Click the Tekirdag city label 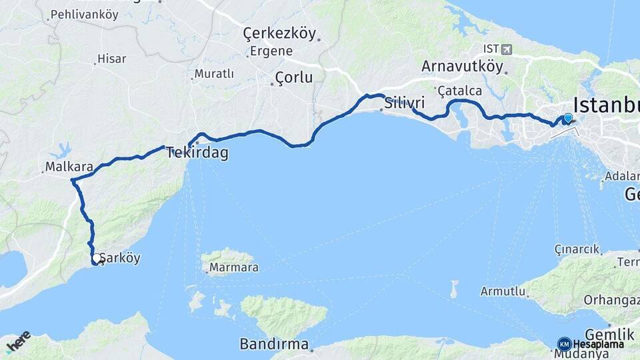point(197,153)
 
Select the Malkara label point(64,166)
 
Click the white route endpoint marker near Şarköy point(97,258)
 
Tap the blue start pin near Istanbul point(568,118)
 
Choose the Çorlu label point(294,77)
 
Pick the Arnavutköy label point(461,66)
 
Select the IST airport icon point(507,49)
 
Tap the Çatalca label point(459,91)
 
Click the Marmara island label point(233,269)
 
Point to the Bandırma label point(276,345)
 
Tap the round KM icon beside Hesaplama point(564,344)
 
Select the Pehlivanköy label point(84,14)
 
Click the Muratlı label point(214,74)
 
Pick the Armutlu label point(503,292)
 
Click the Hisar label point(111,59)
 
